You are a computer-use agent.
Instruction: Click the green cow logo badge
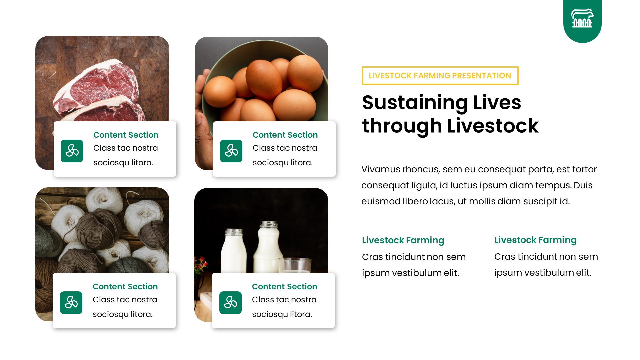point(582,19)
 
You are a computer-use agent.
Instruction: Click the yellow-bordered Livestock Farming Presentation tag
point(440,76)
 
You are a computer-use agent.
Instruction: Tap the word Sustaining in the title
point(415,103)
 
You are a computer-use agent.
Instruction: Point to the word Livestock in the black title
point(492,126)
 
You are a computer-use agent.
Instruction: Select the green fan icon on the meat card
point(72,151)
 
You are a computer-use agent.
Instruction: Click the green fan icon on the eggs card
point(231,151)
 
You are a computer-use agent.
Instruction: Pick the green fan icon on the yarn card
point(71,303)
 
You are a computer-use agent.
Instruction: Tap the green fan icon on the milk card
point(230,303)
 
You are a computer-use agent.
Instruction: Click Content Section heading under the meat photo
point(126,135)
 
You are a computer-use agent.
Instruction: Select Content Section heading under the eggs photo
point(285,135)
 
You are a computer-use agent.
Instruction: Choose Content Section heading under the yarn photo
point(125,287)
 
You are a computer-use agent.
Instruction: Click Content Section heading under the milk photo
point(284,287)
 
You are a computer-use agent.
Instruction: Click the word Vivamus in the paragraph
point(380,169)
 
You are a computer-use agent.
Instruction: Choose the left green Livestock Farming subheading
point(403,240)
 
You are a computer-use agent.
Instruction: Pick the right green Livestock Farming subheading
point(535,240)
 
